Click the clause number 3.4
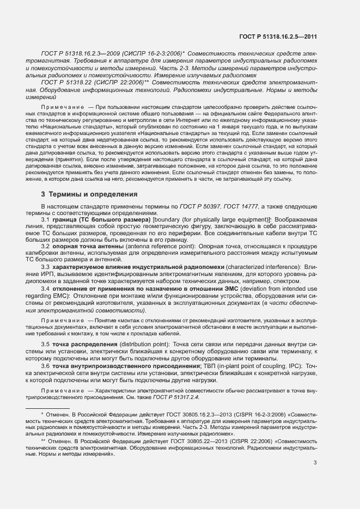click(x=46, y=287)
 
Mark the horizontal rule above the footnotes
click(x=48, y=408)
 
